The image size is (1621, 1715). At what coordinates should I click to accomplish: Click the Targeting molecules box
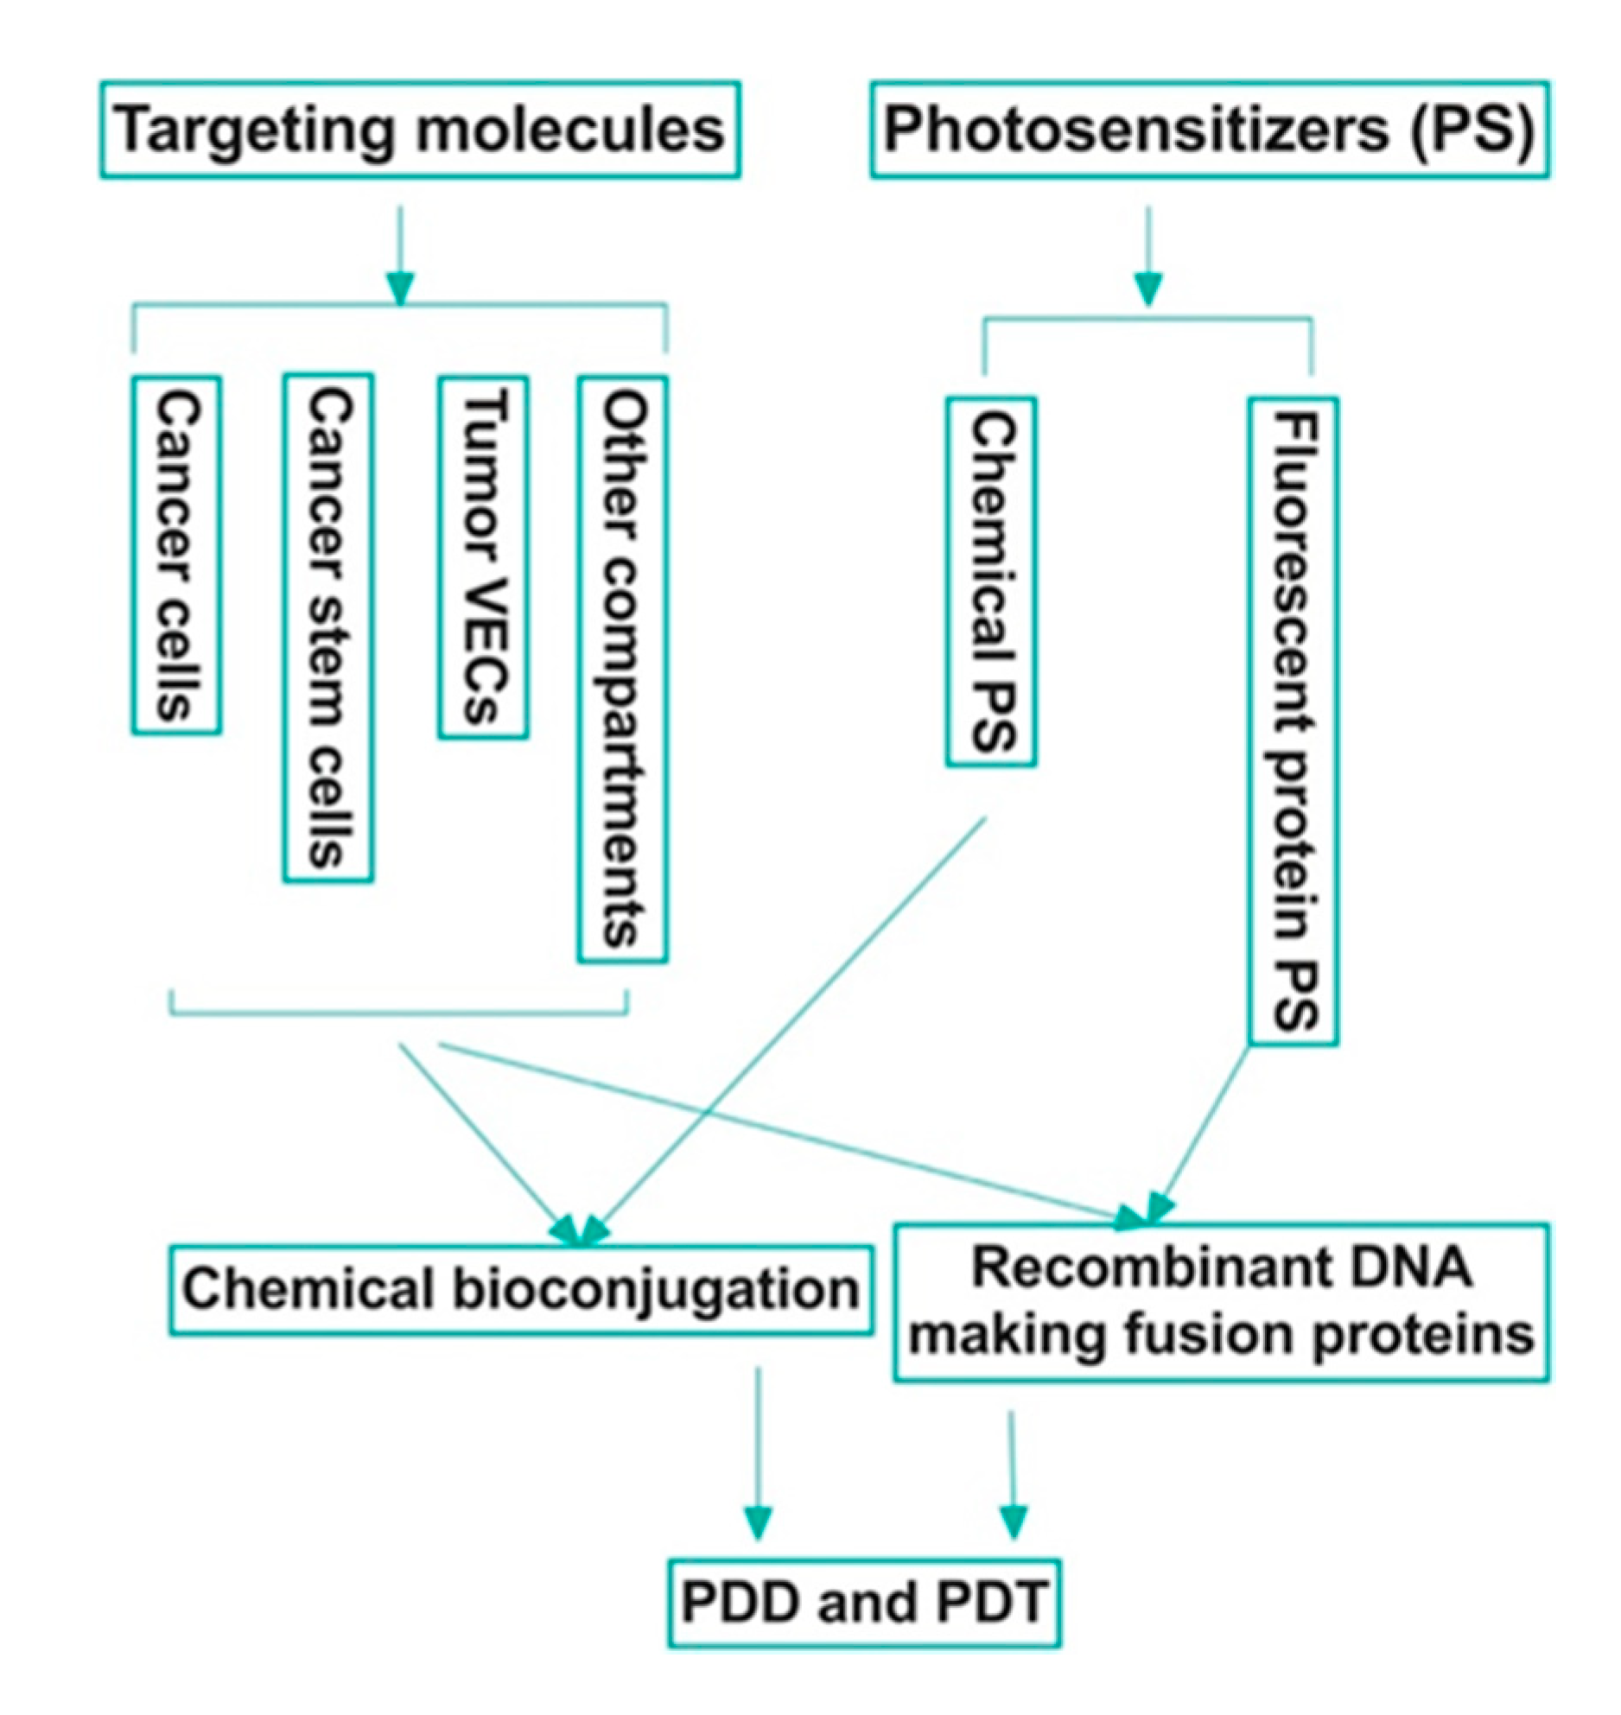(x=420, y=130)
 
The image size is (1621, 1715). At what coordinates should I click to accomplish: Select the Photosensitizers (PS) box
(x=1209, y=130)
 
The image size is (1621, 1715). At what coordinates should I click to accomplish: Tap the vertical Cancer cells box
(x=176, y=556)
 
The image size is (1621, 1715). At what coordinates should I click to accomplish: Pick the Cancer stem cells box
(x=328, y=628)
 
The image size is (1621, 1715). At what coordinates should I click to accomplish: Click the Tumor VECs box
(x=483, y=557)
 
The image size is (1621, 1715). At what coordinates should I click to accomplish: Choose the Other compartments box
(x=622, y=670)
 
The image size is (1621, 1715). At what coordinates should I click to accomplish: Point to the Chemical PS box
(x=991, y=582)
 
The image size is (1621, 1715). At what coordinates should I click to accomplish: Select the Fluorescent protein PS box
(x=1294, y=721)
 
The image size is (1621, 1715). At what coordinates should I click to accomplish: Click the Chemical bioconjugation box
(x=520, y=1290)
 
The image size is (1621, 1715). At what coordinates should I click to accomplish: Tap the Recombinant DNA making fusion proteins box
(x=1221, y=1302)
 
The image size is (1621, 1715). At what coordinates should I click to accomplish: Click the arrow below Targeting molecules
(x=400, y=255)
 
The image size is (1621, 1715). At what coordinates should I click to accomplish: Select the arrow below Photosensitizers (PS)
(x=1147, y=255)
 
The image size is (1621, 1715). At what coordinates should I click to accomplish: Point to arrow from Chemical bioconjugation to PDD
(x=758, y=1451)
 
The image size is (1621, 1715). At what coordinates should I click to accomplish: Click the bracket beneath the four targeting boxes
(x=398, y=1013)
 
